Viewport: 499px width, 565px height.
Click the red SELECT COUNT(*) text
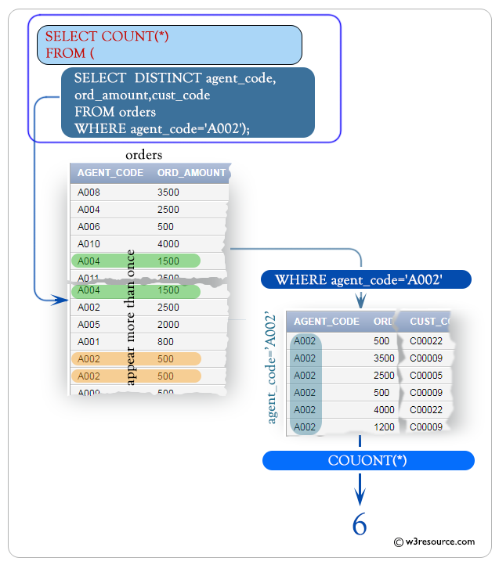point(107,36)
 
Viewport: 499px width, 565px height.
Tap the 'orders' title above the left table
point(143,155)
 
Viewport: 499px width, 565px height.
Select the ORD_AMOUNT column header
point(191,173)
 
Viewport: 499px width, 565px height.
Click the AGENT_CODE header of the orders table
point(110,173)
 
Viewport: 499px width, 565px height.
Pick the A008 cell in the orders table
point(89,193)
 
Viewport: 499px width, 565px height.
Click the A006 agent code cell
point(89,227)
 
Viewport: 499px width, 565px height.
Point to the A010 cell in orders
point(89,244)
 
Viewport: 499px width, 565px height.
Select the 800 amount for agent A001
point(166,341)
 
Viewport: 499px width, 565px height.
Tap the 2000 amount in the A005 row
point(168,324)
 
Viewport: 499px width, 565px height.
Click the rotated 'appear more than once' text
point(131,318)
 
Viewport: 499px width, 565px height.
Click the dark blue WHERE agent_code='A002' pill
point(360,280)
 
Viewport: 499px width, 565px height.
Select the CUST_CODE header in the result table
point(430,322)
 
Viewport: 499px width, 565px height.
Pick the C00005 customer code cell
point(425,376)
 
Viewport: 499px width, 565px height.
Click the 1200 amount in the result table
point(384,427)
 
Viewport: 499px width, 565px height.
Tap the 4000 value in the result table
point(384,410)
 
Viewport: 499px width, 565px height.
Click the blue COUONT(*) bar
point(367,461)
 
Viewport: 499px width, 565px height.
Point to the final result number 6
point(359,524)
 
